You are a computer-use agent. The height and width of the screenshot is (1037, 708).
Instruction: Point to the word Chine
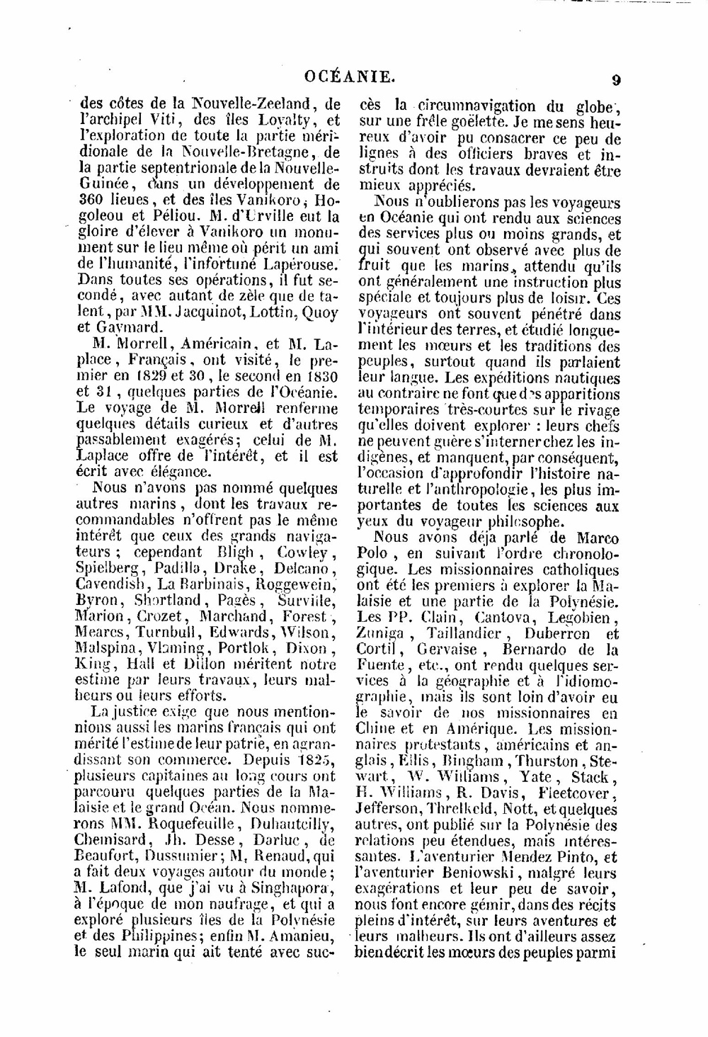click(x=375, y=729)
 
